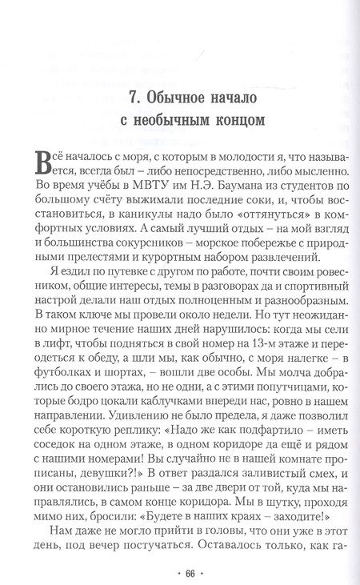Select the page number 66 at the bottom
coord(179,573)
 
